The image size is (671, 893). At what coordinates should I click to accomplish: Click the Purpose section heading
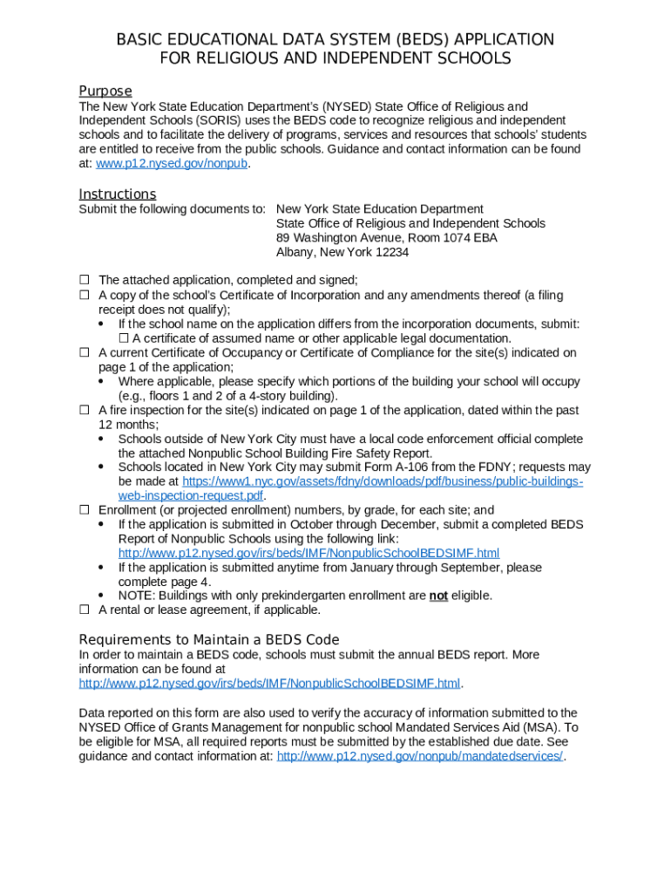coord(105,92)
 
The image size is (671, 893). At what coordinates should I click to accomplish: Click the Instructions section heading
coord(118,194)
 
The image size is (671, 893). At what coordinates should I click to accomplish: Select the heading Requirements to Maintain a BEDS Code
coord(209,639)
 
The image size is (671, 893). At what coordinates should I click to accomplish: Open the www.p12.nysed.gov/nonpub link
coord(172,164)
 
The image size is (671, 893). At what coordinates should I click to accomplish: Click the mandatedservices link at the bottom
coord(420,756)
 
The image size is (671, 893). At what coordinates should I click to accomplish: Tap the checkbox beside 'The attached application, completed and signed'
coord(85,280)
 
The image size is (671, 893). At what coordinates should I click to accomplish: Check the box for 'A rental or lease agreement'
coord(85,610)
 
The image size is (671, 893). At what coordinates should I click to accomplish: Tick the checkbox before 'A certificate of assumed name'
coord(124,338)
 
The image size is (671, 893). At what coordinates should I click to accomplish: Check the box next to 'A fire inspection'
coord(85,410)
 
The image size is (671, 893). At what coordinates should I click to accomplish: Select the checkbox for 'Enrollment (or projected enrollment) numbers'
coord(85,510)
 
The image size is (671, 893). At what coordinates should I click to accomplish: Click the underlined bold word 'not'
coord(438,596)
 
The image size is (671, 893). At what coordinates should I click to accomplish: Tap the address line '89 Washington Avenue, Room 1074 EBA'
coord(387,238)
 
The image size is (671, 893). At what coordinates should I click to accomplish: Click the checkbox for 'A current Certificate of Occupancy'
coord(85,353)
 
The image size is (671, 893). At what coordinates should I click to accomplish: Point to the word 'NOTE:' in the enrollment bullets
coord(137,596)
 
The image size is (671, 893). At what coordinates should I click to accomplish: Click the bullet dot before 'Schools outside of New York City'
coord(103,440)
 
